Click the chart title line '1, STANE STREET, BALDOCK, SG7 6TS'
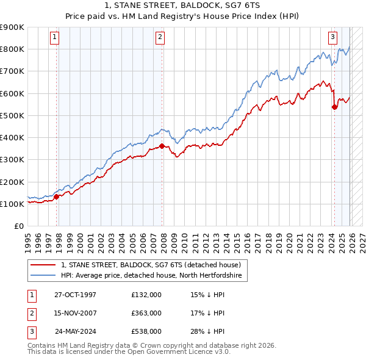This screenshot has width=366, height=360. pos(182,5)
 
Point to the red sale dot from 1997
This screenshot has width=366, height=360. pos(57,196)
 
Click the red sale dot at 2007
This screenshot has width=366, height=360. pos(162,146)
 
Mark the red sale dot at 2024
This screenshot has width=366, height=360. pos(334,107)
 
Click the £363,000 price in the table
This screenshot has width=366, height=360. pos(146,313)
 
